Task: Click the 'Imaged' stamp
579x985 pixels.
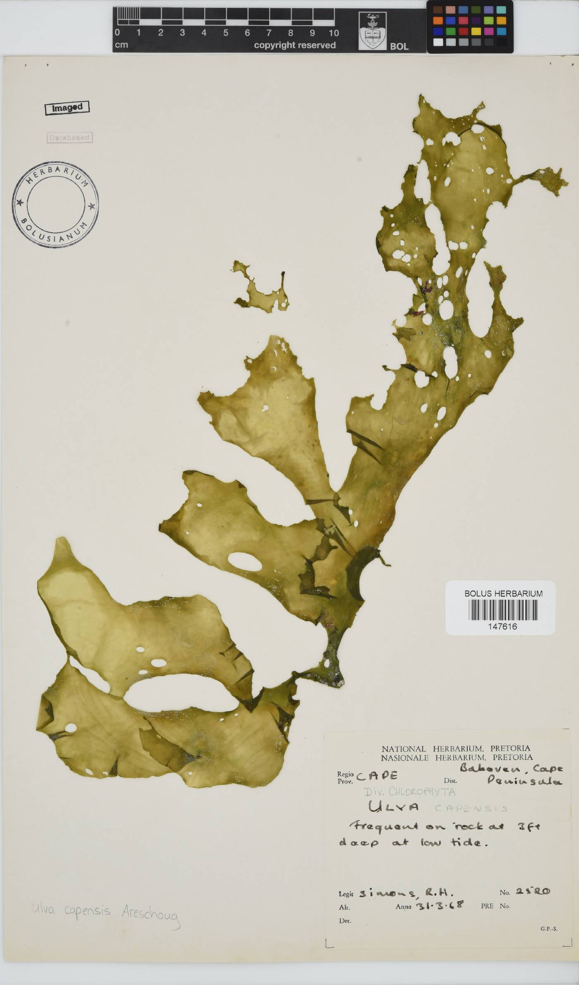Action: [x=67, y=108]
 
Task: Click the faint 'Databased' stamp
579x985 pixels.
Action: [x=69, y=138]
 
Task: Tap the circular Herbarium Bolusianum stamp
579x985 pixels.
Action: [x=55, y=205]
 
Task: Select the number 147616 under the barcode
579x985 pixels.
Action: [x=502, y=626]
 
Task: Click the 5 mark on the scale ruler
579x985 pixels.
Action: [x=225, y=33]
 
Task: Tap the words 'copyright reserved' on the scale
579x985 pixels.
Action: [x=294, y=45]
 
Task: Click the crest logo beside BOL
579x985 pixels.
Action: [x=372, y=31]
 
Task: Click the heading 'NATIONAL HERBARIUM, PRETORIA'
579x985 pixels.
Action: [x=455, y=749]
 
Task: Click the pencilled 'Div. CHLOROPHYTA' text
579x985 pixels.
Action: [x=410, y=792]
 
